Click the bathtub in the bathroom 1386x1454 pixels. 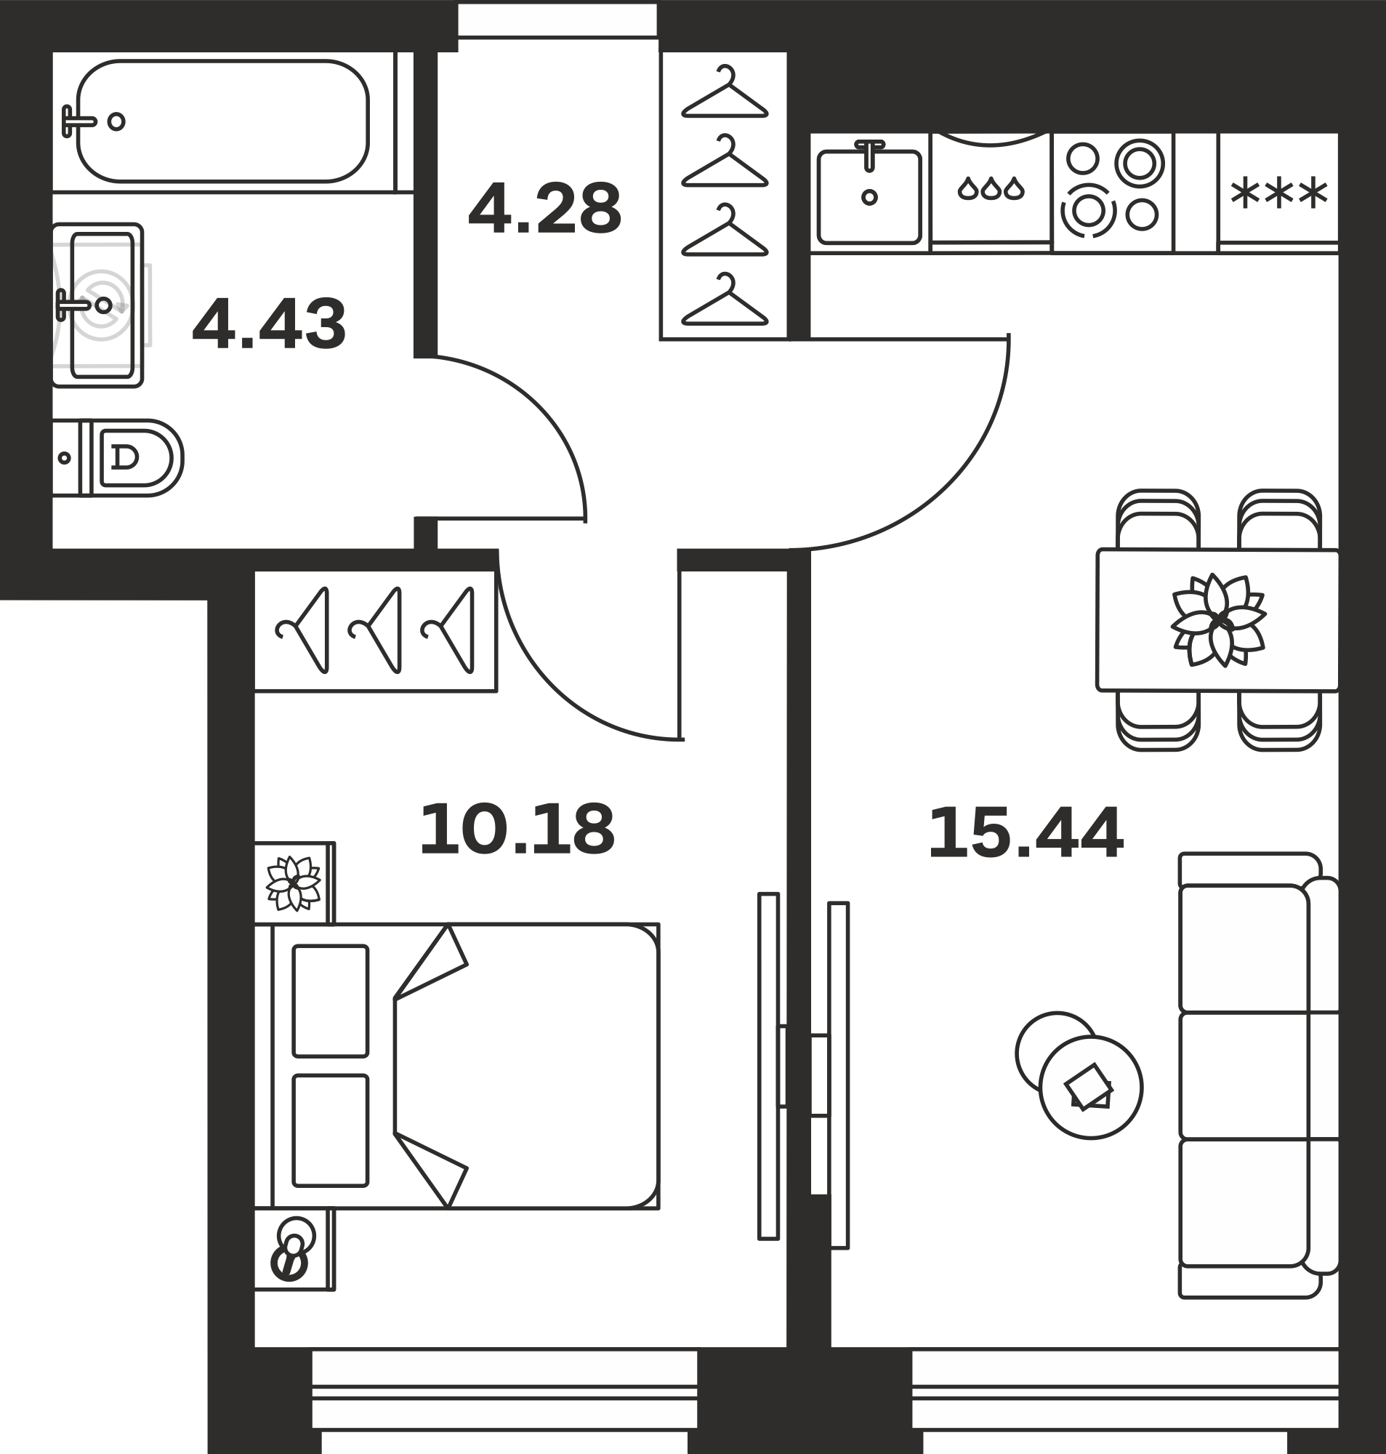pos(222,121)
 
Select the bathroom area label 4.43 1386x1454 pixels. pos(269,324)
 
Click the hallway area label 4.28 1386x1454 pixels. pos(544,209)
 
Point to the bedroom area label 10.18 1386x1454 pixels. pos(517,830)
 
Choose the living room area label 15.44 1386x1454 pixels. pos(1026,833)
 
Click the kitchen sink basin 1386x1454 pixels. pos(869,196)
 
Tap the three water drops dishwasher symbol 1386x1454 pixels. pos(991,188)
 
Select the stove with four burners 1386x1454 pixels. pos(1113,188)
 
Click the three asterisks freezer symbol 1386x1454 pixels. pos(1279,193)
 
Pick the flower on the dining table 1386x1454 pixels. pos(1218,620)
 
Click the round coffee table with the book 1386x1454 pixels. pos(1090,1087)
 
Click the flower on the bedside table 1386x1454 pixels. pos(294,883)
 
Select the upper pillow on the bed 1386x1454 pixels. pos(330,1000)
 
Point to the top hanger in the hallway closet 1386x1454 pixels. pos(725,92)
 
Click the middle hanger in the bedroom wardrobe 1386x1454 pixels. pos(375,630)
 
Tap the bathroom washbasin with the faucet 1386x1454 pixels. pos(102,305)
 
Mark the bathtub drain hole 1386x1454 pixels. pos(116,121)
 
